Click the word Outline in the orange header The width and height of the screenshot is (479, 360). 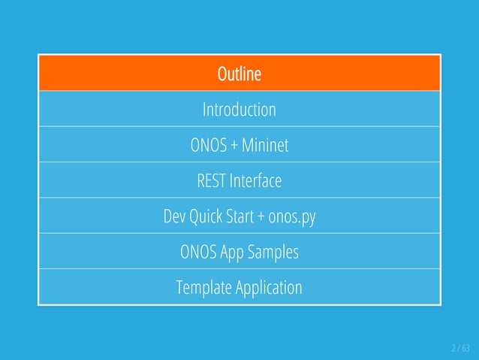pos(239,74)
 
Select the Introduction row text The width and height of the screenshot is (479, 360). pos(239,110)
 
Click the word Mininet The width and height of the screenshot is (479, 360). pos(266,145)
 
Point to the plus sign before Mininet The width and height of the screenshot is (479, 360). pos(235,145)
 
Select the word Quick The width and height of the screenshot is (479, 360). pos(204,217)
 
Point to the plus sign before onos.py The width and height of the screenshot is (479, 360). pos(261,217)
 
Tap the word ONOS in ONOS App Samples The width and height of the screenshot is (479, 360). pos(198,253)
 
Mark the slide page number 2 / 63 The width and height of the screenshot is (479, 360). pos(459,348)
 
